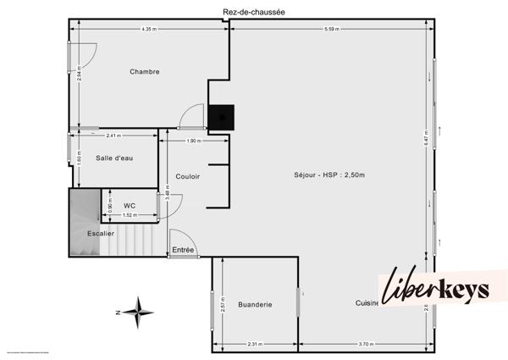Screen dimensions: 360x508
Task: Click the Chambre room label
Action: (x=145, y=72)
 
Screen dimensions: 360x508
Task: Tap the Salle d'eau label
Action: (x=114, y=158)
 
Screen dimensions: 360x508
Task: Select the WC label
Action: (x=130, y=205)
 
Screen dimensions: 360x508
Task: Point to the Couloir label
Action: (x=187, y=176)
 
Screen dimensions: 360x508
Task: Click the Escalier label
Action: (x=101, y=233)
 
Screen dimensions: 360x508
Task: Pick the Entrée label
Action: (x=184, y=250)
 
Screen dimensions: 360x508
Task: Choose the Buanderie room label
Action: (x=255, y=304)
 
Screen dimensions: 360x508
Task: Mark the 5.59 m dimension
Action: (x=331, y=30)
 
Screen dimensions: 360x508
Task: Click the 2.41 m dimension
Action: (x=115, y=136)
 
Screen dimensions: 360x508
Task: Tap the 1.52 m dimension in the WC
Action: (x=129, y=215)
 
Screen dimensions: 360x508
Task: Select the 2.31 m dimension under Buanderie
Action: (x=255, y=344)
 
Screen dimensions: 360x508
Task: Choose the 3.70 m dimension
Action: (x=366, y=344)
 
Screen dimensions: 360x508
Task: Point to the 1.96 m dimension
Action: (x=193, y=141)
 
